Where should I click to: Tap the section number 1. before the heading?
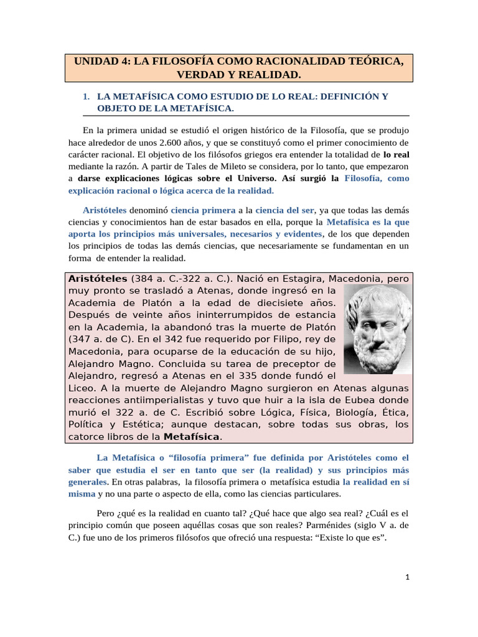pos(87,97)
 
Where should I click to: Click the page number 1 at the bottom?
pos(407,577)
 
